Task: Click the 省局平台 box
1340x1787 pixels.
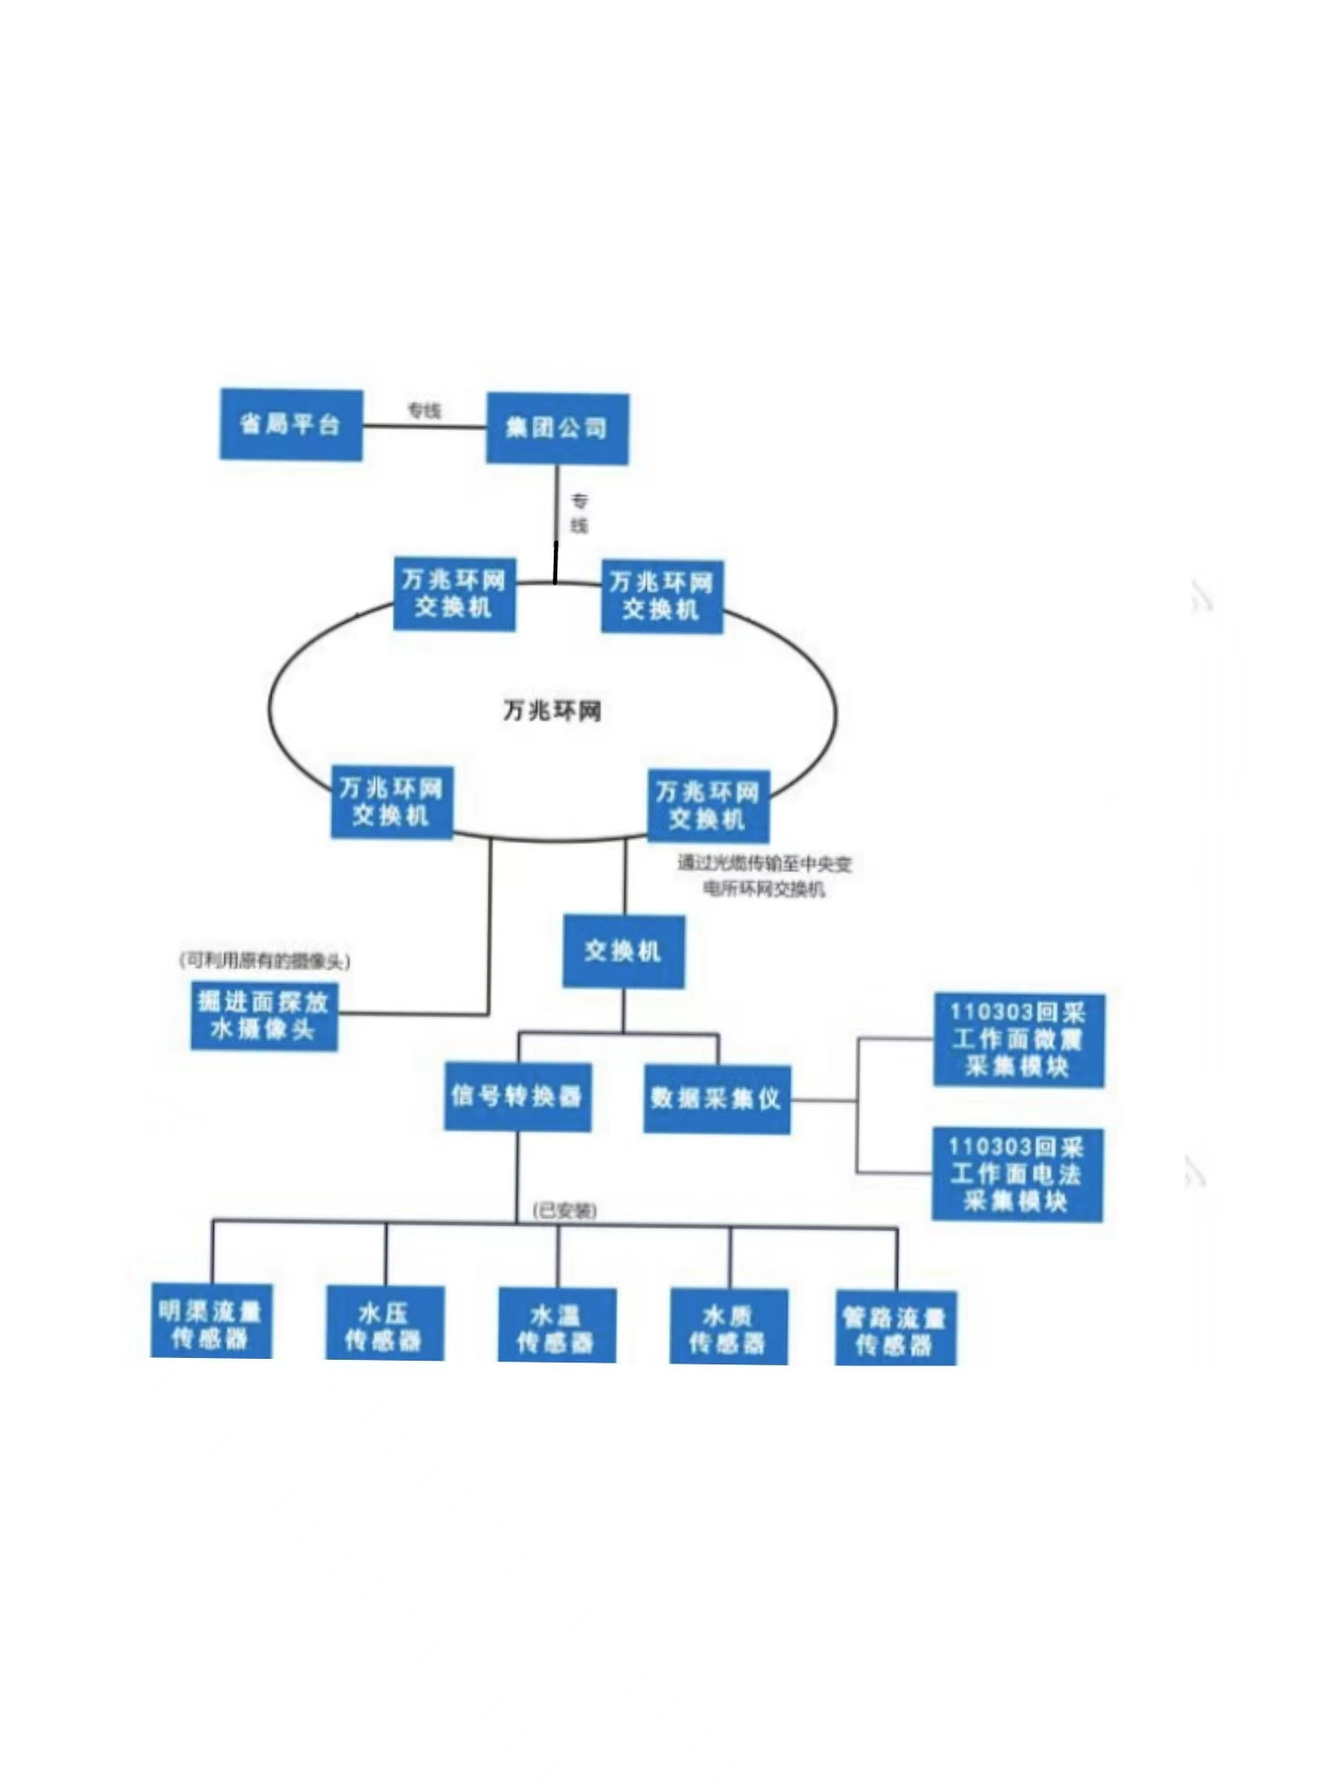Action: [290, 424]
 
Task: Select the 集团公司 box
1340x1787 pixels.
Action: [557, 428]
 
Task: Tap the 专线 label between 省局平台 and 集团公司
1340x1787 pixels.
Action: [424, 410]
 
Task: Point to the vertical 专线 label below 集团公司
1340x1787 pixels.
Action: [579, 513]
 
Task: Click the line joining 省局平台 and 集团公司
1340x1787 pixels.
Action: [424, 426]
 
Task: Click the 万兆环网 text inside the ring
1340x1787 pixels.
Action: [552, 711]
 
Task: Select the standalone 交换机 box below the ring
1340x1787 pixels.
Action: [623, 951]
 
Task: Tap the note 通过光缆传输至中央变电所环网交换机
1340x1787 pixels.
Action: [764, 876]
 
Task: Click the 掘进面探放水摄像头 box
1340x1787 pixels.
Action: [264, 1015]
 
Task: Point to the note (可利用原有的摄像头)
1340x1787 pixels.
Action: [265, 961]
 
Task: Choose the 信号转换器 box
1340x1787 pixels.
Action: [517, 1096]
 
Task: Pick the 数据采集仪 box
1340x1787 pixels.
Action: [717, 1099]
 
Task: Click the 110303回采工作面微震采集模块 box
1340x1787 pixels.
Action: [1018, 1040]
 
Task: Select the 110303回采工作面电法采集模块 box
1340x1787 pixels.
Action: [1017, 1174]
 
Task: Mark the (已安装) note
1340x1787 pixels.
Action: [565, 1210]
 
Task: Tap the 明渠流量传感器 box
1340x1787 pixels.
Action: [211, 1324]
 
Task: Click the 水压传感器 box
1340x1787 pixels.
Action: [384, 1326]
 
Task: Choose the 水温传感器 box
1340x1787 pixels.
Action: [556, 1328]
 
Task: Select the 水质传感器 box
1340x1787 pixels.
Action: [729, 1329]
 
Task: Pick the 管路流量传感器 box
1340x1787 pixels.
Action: [895, 1331]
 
